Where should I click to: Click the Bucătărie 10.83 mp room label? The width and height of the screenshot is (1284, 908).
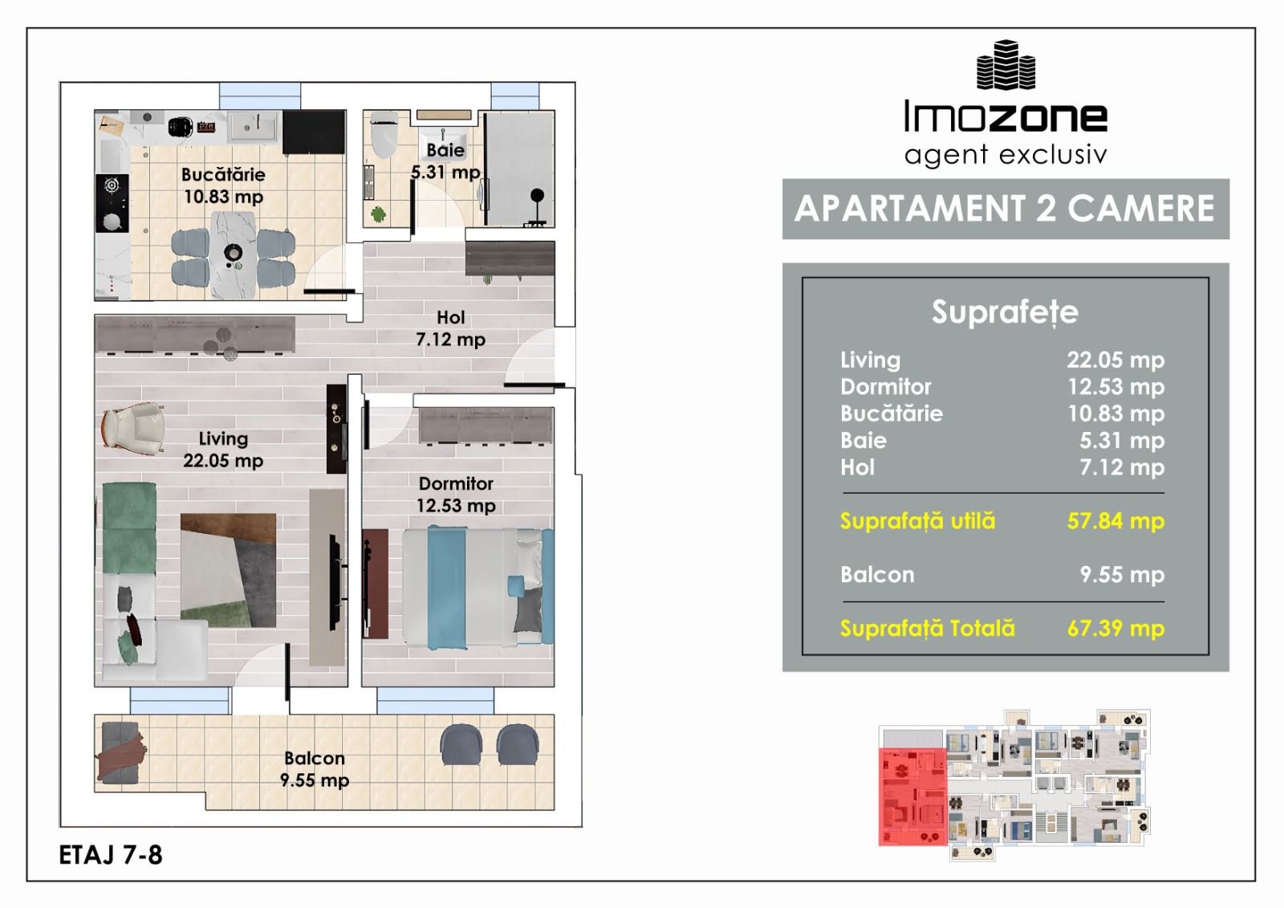click(224, 185)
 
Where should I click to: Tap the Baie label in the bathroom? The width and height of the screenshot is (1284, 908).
click(445, 150)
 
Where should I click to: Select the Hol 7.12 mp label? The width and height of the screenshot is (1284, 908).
click(450, 328)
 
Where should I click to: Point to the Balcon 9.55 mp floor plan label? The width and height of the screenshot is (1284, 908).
click(315, 769)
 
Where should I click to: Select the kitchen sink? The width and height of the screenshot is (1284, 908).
click(254, 126)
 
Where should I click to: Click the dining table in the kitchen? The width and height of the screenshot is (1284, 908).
click(233, 256)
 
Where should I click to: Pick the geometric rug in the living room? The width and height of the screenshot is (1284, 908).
click(228, 570)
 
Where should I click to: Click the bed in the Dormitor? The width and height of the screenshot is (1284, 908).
click(478, 588)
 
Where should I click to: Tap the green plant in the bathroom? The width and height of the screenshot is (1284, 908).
click(378, 214)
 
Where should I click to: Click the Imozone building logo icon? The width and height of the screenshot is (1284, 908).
click(1006, 65)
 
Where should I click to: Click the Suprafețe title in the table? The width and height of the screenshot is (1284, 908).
click(1005, 312)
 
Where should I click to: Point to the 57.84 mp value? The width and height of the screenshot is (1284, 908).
click(1115, 521)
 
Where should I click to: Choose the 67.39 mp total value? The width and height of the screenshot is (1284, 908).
click(1115, 628)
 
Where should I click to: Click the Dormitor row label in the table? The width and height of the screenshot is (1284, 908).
click(886, 387)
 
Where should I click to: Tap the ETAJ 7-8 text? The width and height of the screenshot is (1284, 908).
click(111, 855)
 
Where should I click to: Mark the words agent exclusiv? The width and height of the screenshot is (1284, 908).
click(1006, 155)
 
